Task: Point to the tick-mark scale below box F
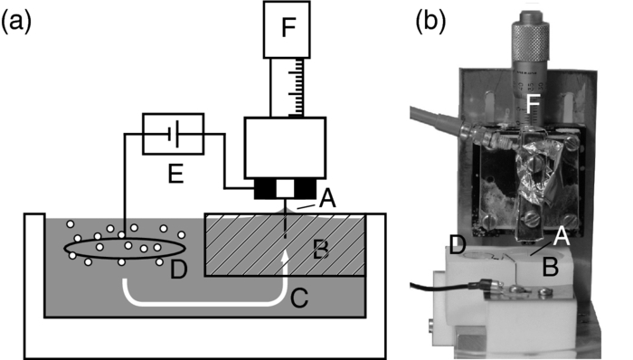(288, 83)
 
